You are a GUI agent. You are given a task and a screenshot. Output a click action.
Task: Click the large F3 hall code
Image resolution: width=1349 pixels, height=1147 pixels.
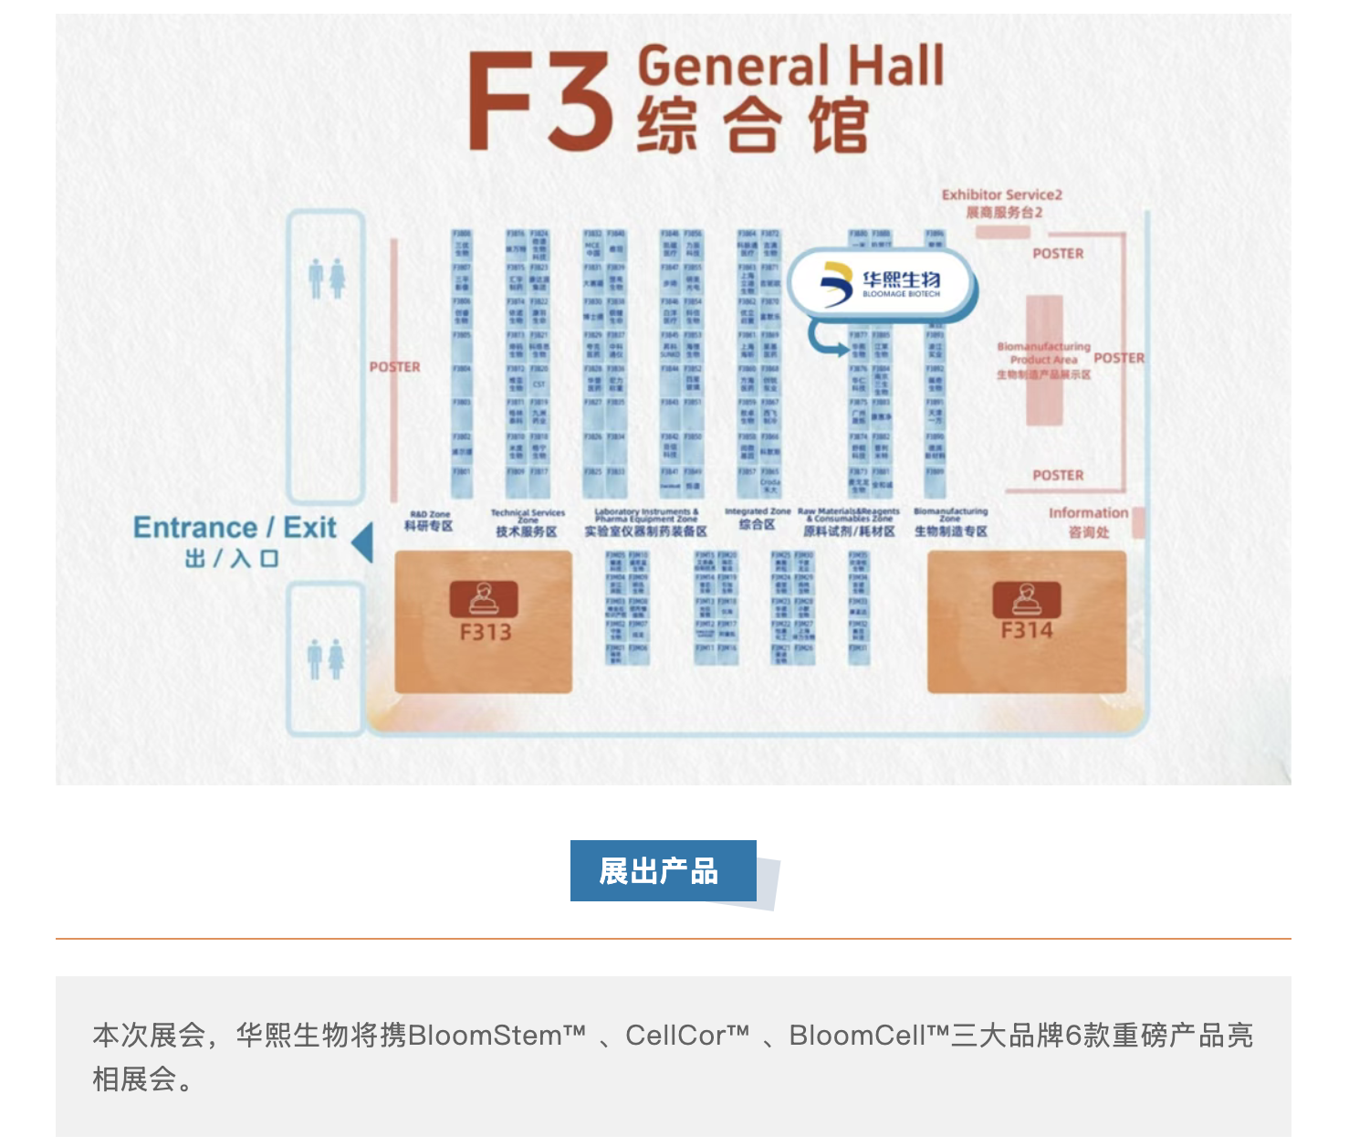click(x=539, y=101)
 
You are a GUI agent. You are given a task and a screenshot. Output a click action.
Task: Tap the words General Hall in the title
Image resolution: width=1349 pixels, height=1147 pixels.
click(x=790, y=66)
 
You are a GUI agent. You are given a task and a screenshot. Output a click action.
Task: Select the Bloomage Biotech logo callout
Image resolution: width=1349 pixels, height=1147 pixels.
click(x=882, y=284)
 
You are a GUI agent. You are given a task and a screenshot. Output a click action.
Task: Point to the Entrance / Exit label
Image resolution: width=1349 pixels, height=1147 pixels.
click(x=235, y=529)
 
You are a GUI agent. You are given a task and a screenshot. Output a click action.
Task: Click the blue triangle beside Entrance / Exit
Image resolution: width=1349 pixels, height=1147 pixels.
click(x=362, y=542)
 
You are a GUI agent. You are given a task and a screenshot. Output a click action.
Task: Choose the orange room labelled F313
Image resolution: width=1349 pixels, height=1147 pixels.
click(x=484, y=621)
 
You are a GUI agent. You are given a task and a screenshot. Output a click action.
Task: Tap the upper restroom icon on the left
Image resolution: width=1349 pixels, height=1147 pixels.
click(x=326, y=279)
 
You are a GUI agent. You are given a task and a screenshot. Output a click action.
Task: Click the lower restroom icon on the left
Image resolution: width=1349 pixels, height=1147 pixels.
click(x=326, y=658)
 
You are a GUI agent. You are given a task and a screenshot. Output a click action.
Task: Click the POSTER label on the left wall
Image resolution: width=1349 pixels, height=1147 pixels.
click(x=394, y=367)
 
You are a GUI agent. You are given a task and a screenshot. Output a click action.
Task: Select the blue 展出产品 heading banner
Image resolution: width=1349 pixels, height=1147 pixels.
click(x=663, y=871)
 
